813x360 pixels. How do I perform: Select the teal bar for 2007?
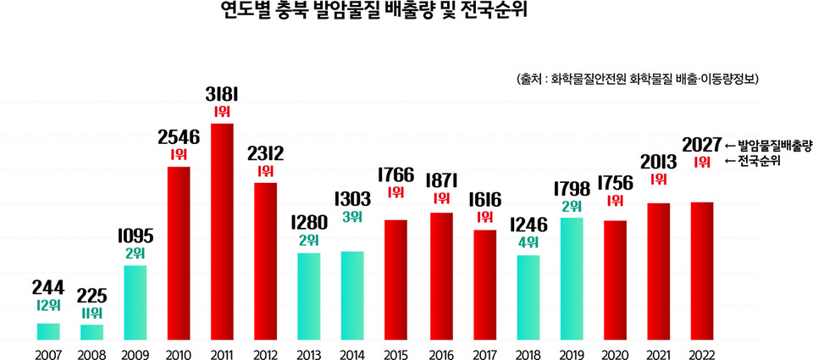coord(48,331)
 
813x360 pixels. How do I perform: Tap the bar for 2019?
coord(572,279)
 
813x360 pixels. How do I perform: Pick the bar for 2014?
coord(352,296)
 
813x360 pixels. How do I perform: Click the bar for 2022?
coord(702,271)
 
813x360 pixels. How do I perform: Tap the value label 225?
coord(92,296)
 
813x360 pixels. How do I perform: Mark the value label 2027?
coord(702,143)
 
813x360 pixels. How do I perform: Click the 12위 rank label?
coord(48,305)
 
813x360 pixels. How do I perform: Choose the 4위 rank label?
coord(528,242)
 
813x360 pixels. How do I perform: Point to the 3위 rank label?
coord(352,217)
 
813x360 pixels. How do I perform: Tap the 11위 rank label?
coord(92,313)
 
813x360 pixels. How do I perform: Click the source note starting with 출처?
coord(635,78)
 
